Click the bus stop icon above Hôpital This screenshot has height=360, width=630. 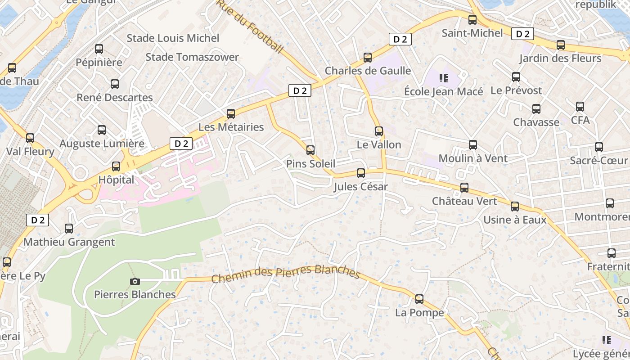click(116, 166)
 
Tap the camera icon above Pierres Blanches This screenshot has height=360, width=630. click(135, 282)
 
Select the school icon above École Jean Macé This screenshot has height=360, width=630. click(444, 79)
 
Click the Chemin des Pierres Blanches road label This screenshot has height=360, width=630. click(286, 272)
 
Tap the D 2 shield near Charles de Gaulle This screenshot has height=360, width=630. click(400, 39)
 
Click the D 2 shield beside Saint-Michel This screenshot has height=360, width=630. click(522, 34)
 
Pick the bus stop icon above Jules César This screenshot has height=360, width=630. click(360, 173)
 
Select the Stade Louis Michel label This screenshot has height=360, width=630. click(173, 38)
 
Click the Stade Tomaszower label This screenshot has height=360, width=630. click(192, 57)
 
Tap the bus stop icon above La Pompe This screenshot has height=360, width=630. click(419, 299)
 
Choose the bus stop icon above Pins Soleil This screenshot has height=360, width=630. click(310, 150)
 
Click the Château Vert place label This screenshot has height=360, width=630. click(464, 201)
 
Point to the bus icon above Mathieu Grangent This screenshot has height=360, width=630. click(69, 229)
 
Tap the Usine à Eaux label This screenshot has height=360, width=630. click(515, 220)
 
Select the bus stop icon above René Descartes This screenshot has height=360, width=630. click(115, 84)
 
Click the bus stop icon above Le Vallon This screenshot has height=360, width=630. click(379, 131)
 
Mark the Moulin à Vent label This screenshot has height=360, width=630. click(473, 158)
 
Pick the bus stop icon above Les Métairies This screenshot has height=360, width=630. click(231, 114)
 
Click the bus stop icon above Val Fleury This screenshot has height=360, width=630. click(30, 138)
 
